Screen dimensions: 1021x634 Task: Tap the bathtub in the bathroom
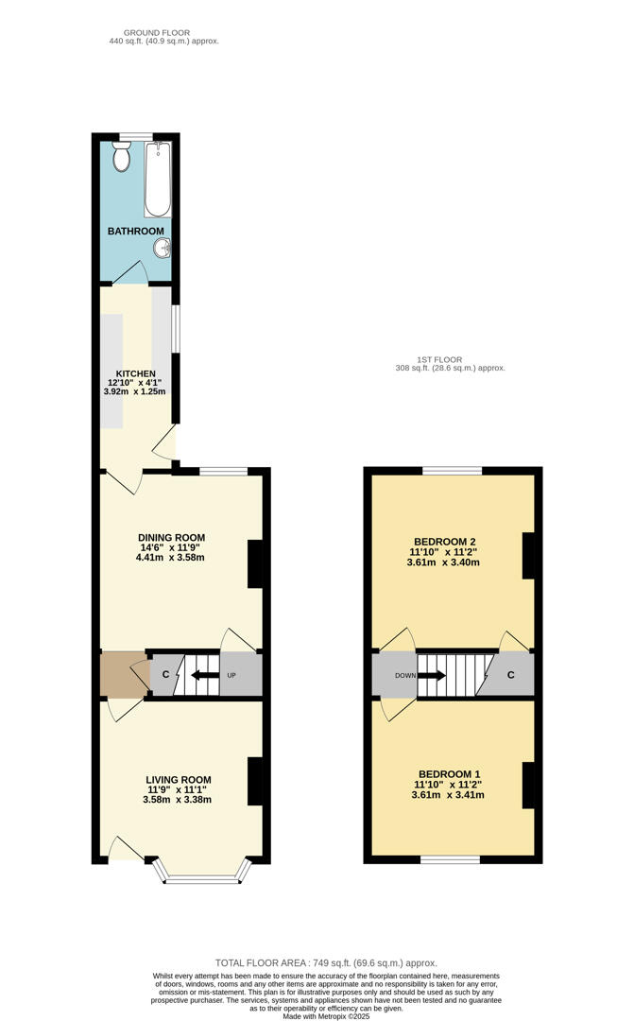(158, 180)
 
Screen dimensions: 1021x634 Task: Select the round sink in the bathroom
(163, 249)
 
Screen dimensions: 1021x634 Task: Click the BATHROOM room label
(135, 231)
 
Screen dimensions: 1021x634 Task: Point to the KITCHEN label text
(135, 373)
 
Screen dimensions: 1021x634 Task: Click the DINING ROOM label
(170, 538)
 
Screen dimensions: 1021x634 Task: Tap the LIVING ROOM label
(178, 780)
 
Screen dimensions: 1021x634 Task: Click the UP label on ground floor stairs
(231, 676)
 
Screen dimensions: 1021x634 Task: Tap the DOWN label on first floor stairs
(404, 676)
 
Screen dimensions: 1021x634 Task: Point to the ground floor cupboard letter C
(165, 675)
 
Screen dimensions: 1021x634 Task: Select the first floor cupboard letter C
(509, 675)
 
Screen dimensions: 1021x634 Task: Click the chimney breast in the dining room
(255, 565)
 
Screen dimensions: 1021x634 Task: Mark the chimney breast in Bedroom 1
(529, 785)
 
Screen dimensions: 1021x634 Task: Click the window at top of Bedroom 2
(452, 471)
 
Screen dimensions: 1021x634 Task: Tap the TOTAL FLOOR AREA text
(326, 962)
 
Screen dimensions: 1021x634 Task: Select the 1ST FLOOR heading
(439, 359)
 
